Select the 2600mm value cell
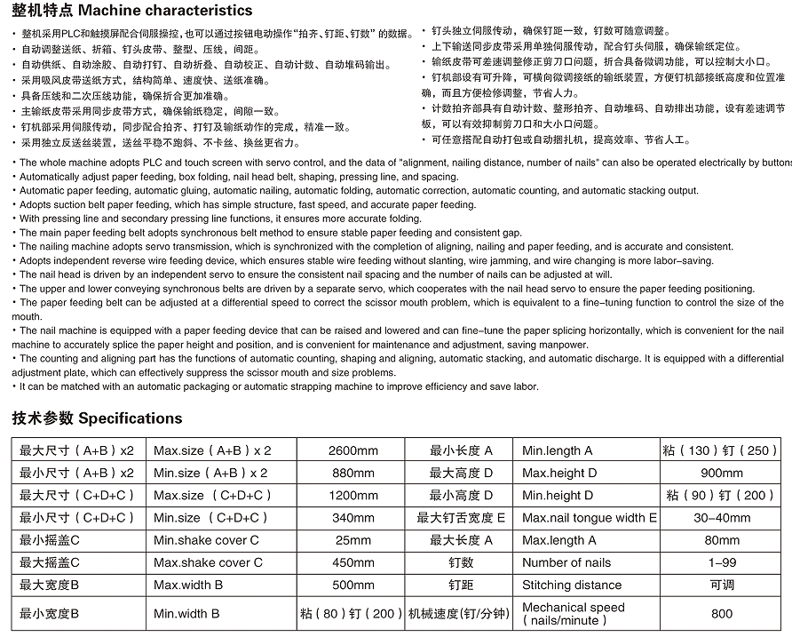352,450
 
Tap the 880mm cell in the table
352,473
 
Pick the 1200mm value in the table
352,496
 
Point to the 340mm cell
352,518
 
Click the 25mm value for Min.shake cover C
352,540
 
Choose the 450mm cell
352,562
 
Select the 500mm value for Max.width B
352,585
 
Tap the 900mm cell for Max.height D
721,473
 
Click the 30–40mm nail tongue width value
721,518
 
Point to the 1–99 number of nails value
721,562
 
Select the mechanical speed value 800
721,613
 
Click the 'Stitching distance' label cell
572,585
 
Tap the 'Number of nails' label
566,562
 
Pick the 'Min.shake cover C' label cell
207,540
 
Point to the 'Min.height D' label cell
559,496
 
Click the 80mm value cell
721,540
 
